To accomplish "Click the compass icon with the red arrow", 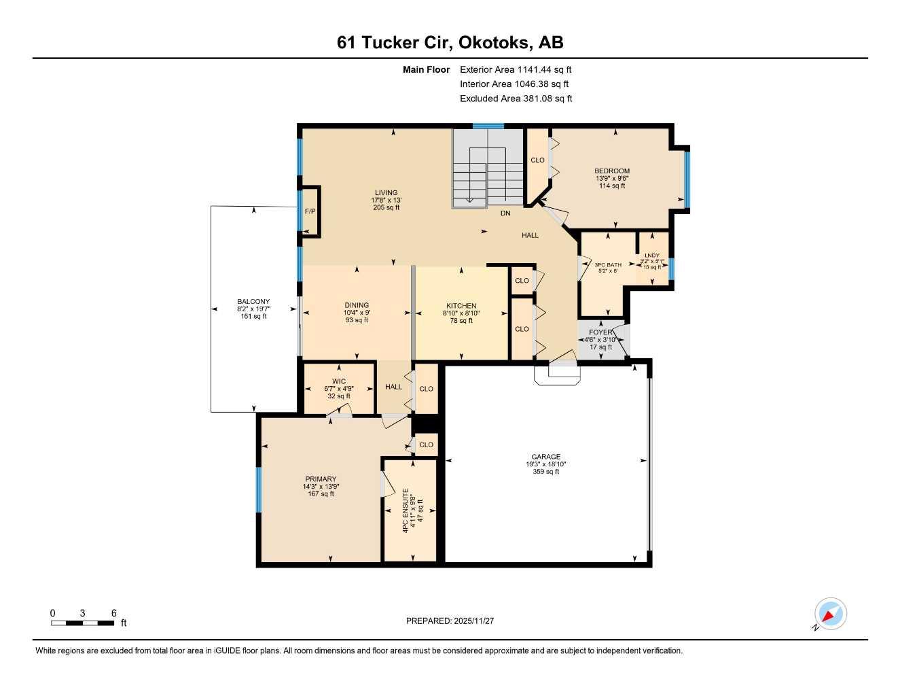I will pos(830,614).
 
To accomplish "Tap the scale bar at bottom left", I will pos(83,622).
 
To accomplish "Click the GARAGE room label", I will pos(545,457).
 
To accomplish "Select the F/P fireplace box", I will pos(310,211).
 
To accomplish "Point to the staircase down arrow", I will pos(469,200).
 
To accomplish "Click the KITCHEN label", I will pos(461,306).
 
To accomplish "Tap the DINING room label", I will pos(356,305).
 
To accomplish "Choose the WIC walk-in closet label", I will pos(339,381).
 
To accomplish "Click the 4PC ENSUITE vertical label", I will pos(406,510).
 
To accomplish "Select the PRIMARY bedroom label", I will pos(321,479).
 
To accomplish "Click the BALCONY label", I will pos(253,302).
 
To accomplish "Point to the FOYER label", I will pos(600,332).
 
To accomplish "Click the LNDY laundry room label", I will pos(651,256).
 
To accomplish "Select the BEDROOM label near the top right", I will pos(611,171).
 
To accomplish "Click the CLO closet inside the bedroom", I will pos(537,160).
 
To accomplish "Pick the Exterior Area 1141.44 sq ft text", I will pos(516,69).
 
